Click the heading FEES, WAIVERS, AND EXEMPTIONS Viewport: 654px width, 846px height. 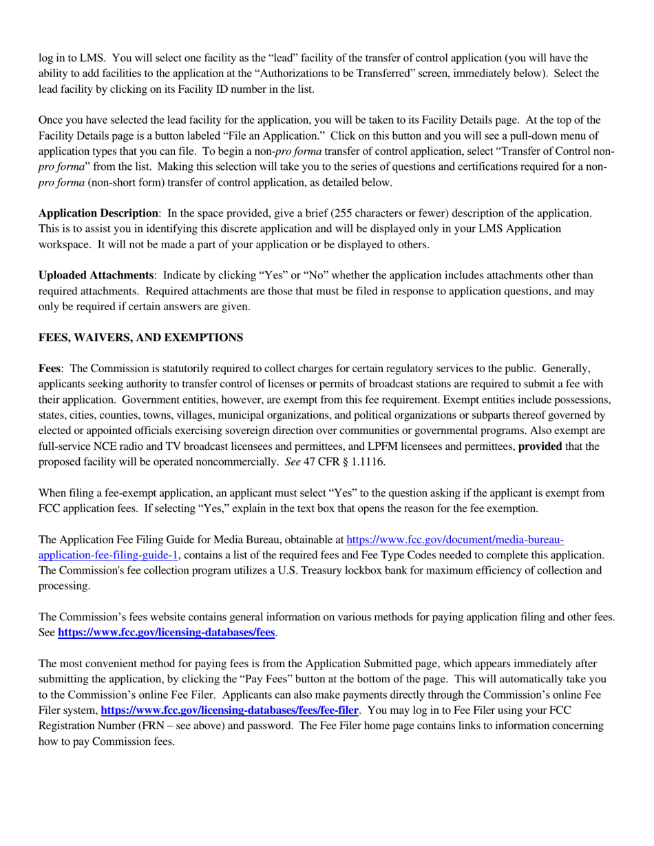[x=140, y=338]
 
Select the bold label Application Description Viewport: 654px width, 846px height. [x=98, y=213]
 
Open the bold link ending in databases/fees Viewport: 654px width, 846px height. [x=167, y=632]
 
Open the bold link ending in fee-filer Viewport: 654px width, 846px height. [x=229, y=710]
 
